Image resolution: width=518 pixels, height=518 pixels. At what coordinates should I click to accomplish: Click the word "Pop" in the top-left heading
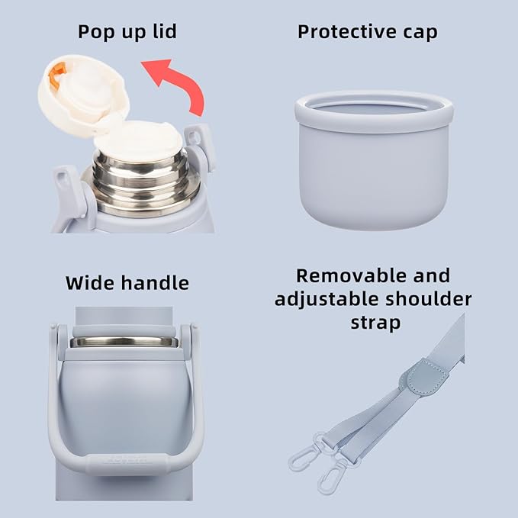click(x=96, y=32)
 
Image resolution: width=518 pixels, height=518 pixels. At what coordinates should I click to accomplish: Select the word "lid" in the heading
click(x=165, y=31)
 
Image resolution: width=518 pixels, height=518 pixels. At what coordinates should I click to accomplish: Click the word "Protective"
click(x=347, y=32)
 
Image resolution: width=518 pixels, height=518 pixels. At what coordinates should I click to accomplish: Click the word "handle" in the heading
click(x=155, y=283)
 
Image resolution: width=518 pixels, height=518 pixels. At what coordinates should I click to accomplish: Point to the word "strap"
click(x=375, y=323)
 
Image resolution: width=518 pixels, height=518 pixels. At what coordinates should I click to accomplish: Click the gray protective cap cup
click(x=374, y=160)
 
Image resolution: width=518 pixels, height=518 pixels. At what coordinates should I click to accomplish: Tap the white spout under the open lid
click(x=138, y=141)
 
